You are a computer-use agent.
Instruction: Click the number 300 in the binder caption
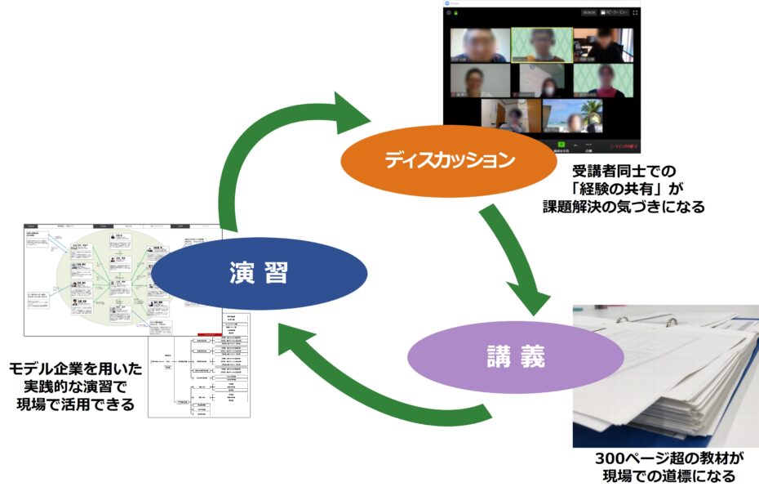[x=612, y=459]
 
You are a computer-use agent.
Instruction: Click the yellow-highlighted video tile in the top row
[x=541, y=44]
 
